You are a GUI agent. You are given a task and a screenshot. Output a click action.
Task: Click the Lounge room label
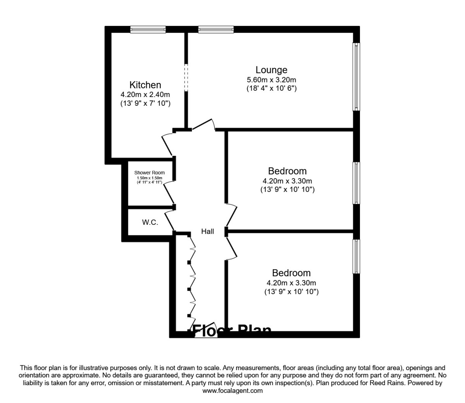click(271, 70)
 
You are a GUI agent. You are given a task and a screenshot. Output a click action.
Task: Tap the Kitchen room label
click(145, 85)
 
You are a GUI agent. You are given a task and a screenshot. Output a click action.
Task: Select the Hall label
click(207, 231)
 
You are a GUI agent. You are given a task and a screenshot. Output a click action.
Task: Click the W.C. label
click(150, 222)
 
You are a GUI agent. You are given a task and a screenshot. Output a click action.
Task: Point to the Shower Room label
click(150, 173)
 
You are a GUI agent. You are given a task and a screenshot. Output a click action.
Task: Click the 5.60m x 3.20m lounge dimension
click(271, 80)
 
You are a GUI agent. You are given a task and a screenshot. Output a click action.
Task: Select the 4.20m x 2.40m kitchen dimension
click(145, 95)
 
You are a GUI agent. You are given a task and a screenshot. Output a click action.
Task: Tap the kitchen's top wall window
click(148, 29)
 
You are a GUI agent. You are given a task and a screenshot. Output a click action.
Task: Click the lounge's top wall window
click(216, 29)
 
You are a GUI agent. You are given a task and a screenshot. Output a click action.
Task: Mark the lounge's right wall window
click(356, 76)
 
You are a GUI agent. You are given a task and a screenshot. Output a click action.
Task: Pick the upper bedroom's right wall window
click(356, 183)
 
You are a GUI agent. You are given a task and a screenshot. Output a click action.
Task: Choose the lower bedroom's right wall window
click(356, 256)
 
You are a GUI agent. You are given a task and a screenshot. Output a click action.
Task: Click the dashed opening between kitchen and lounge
click(186, 77)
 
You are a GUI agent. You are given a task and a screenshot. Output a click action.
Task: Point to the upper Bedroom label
click(287, 171)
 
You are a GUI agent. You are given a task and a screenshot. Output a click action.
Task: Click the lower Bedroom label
click(291, 273)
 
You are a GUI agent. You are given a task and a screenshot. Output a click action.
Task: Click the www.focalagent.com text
click(232, 391)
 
